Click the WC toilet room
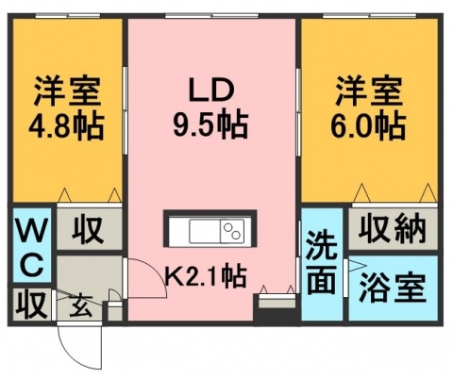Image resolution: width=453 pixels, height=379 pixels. click(32, 245)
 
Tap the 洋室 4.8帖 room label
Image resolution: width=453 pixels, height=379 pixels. click(67, 107)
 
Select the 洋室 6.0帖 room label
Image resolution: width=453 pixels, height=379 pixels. click(368, 107)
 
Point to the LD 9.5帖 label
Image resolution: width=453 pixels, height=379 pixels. click(211, 107)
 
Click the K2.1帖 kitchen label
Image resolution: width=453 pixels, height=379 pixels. click(205, 275)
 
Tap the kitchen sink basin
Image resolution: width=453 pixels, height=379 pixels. click(205, 231)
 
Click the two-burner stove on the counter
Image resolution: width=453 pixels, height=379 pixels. click(232, 231)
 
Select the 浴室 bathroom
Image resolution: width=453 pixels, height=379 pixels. click(394, 288)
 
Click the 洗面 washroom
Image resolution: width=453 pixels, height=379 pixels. click(322, 264)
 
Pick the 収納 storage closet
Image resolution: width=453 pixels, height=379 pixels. click(394, 229)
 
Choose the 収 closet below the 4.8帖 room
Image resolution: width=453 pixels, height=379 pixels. click(90, 229)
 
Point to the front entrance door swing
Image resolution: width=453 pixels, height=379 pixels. click(80, 346)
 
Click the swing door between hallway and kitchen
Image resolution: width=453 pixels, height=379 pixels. click(145, 278)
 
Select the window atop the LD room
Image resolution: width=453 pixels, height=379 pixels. click(211, 15)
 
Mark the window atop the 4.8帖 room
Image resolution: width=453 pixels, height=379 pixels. click(68, 15)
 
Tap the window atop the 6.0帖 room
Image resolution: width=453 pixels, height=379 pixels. click(370, 15)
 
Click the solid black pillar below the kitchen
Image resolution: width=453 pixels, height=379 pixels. click(275, 314)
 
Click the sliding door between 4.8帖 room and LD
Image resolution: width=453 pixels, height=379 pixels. click(125, 110)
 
